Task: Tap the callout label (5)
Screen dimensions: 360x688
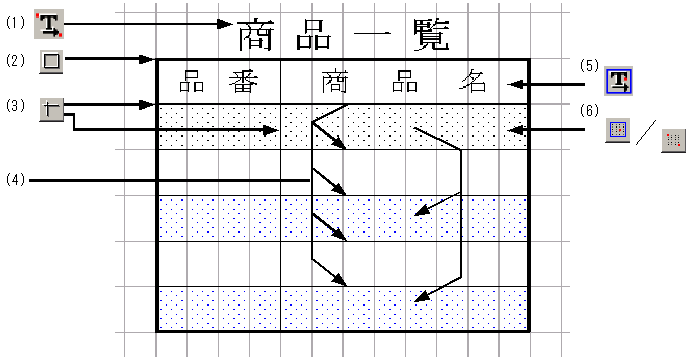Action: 589,66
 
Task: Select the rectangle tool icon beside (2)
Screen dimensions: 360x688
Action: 52,62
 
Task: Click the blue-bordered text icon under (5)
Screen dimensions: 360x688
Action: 621,82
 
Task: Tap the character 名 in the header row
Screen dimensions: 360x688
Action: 472,81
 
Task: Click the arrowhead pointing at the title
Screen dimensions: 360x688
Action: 225,23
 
